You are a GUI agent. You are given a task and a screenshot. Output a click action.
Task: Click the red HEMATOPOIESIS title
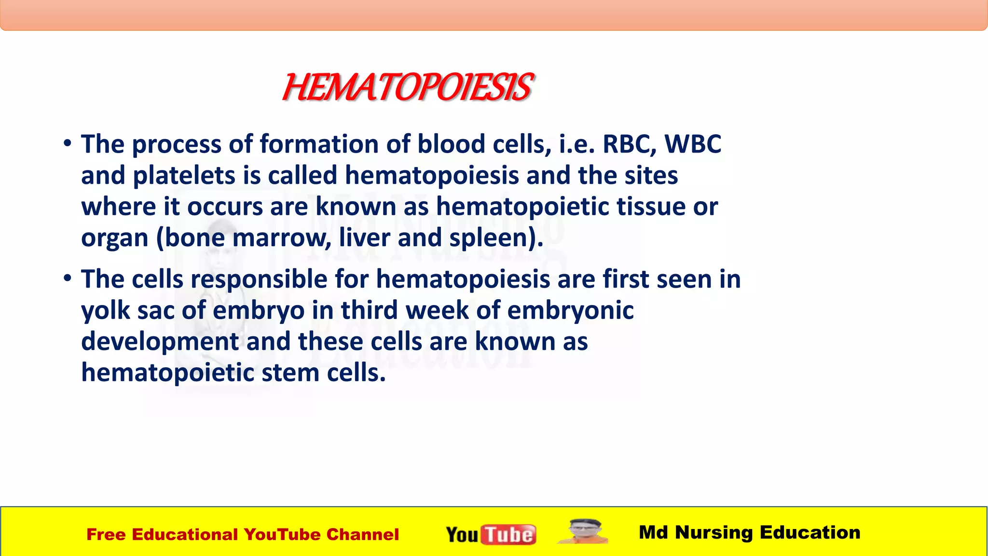tap(408, 88)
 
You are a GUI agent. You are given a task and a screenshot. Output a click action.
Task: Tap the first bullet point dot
tap(68, 143)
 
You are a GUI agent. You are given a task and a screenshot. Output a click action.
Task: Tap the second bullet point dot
tap(68, 278)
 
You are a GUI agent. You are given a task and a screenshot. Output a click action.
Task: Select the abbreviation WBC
tap(692, 144)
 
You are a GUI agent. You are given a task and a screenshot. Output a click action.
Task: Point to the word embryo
tap(259, 310)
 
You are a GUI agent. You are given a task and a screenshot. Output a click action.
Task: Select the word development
tap(160, 342)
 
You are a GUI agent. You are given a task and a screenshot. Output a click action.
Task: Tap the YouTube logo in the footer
tap(491, 534)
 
